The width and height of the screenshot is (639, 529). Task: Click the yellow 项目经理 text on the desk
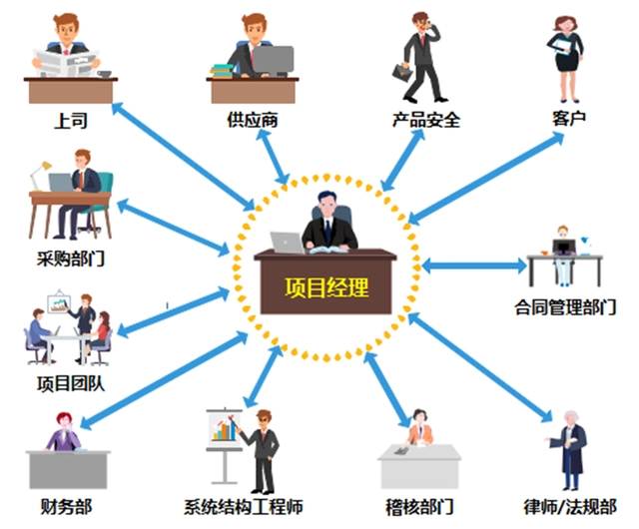(x=326, y=287)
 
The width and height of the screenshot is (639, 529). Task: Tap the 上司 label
(x=71, y=121)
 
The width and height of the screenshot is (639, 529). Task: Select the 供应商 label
(x=253, y=120)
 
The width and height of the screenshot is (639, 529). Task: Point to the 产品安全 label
(x=426, y=120)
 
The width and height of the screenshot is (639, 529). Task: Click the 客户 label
(x=569, y=118)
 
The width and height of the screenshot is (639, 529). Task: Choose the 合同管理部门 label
(x=565, y=306)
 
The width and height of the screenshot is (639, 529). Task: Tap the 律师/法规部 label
(x=570, y=507)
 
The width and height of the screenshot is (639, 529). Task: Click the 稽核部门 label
(x=419, y=507)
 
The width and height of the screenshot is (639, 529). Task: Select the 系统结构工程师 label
(x=244, y=507)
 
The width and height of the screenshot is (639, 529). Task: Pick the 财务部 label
(x=66, y=507)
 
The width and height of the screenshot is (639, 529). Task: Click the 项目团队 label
(x=71, y=383)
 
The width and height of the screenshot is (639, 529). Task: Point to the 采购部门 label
(x=71, y=259)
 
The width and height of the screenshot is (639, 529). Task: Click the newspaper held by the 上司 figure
(x=66, y=62)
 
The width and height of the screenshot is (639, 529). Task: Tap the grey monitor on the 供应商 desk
(x=274, y=60)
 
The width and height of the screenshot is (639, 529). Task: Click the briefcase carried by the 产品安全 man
(x=402, y=73)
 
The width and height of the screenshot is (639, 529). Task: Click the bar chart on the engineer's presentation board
(x=224, y=429)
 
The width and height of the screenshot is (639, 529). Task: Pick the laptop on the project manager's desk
(x=288, y=243)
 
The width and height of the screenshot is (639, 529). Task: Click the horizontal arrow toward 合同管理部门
(x=474, y=266)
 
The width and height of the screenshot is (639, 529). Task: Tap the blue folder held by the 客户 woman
(x=561, y=46)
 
